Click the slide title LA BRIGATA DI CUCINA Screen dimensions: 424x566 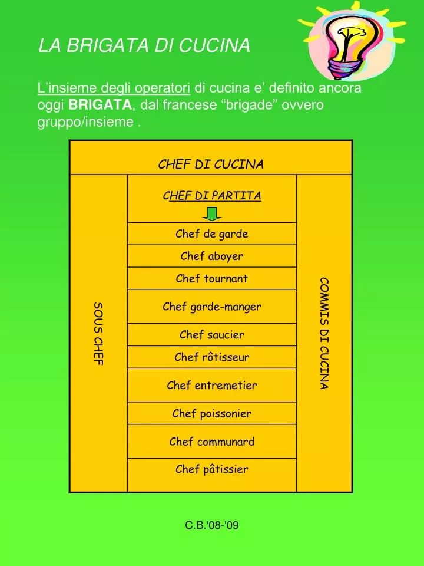[x=144, y=45]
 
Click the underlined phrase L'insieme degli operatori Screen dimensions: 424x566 [x=114, y=88]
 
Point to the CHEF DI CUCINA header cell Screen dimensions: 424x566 [x=211, y=164]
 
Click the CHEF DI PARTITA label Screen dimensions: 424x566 [x=212, y=195]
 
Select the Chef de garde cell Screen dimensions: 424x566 [x=212, y=234]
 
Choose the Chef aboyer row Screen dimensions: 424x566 [x=212, y=256]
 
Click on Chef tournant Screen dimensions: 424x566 [x=212, y=279]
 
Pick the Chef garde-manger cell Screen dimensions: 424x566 [x=212, y=307]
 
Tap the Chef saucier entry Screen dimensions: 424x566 [x=212, y=335]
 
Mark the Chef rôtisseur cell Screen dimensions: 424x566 [x=212, y=357]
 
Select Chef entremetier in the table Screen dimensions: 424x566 [x=212, y=386]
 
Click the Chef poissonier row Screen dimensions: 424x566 [x=212, y=414]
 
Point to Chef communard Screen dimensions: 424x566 [x=212, y=442]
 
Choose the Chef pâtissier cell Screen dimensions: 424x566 [x=212, y=470]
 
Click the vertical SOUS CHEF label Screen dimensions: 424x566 [x=98, y=334]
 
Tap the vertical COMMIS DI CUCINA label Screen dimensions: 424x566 [x=324, y=333]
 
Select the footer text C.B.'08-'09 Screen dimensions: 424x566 [x=212, y=525]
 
